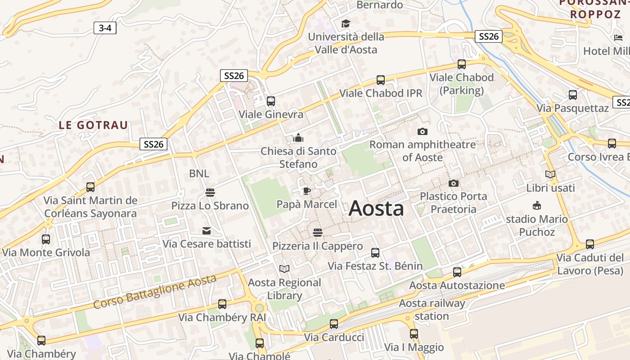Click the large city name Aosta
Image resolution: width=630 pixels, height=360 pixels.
click(x=376, y=208)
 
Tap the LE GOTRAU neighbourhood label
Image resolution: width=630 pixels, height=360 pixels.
click(x=94, y=125)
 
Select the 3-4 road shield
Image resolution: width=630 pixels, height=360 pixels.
click(x=105, y=28)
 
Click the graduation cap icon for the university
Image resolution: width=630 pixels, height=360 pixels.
click(x=346, y=23)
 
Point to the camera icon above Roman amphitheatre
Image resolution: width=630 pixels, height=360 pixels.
click(x=422, y=131)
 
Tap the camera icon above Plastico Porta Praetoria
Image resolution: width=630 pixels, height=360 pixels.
click(x=454, y=183)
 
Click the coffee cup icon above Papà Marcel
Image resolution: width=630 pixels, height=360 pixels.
click(x=306, y=191)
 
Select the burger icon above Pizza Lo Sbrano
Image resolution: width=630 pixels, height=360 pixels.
click(x=210, y=193)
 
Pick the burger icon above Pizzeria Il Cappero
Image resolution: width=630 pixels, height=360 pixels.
click(x=318, y=233)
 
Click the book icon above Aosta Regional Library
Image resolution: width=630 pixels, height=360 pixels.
click(x=284, y=269)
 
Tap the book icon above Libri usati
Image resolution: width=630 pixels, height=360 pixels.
click(x=550, y=174)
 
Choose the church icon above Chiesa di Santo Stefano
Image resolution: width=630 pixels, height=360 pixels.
click(x=298, y=138)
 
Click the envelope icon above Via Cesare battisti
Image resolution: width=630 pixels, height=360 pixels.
click(x=207, y=231)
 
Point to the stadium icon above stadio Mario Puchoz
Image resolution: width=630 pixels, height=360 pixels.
click(x=536, y=206)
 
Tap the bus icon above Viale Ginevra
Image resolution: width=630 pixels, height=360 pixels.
click(x=270, y=101)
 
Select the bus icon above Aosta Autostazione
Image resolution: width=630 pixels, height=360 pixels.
click(x=457, y=272)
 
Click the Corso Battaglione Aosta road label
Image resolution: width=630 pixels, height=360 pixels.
click(x=155, y=292)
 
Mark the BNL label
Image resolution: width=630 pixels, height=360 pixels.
click(x=199, y=173)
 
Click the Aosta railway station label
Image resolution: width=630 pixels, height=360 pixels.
click(x=432, y=310)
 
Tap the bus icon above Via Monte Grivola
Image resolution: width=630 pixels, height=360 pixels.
click(x=46, y=239)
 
